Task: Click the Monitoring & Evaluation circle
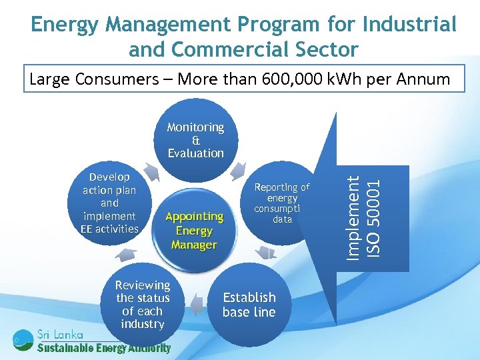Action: (195, 140)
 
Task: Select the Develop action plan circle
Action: (109, 203)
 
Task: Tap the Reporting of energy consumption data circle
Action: (282, 203)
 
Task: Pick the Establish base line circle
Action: (249, 304)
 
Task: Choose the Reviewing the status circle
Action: (143, 304)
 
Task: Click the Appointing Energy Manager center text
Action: (194, 230)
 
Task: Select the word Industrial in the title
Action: (409, 25)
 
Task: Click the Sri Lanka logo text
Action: (60, 334)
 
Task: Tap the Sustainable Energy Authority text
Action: (103, 348)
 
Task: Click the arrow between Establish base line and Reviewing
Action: (196, 305)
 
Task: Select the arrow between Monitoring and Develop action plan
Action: (152, 172)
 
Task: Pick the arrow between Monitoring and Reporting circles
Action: (238, 172)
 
